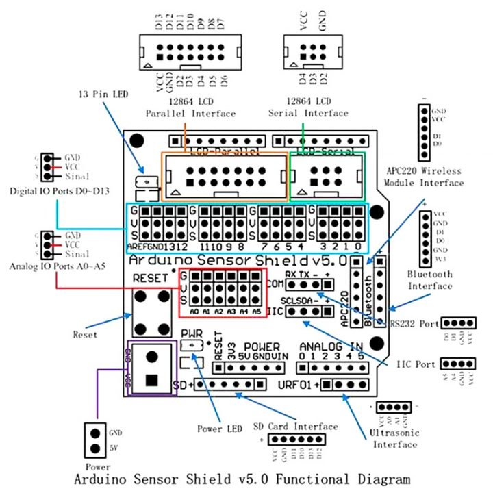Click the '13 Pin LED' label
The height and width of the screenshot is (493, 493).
[103, 94]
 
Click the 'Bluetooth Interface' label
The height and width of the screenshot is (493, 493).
[429, 279]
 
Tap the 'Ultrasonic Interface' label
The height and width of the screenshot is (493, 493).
[394, 439]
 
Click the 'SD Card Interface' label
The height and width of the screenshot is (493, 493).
[295, 427]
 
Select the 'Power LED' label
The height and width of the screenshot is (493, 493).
[220, 429]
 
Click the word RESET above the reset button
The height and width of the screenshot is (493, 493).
[149, 277]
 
